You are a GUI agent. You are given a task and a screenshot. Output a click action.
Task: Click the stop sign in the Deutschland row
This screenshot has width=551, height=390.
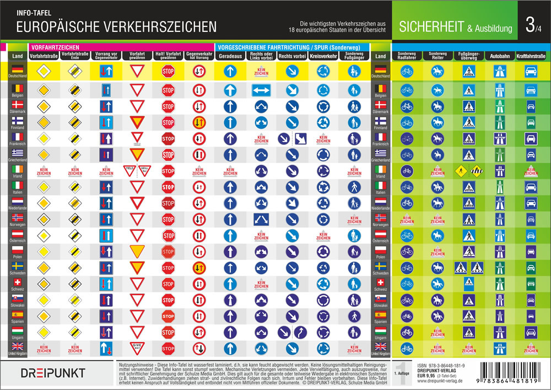pyautogui.click(x=168, y=71)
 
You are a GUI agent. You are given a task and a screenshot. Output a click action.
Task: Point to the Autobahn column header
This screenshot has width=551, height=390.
pyautogui.click(x=500, y=56)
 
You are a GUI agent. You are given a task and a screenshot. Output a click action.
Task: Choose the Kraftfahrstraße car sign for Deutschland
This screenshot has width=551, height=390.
pyautogui.click(x=531, y=71)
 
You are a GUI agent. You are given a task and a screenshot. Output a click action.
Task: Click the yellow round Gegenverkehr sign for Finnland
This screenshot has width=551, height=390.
pyautogui.click(x=199, y=122)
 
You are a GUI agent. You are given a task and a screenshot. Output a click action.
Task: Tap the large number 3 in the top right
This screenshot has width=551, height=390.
pyautogui.click(x=530, y=25)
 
